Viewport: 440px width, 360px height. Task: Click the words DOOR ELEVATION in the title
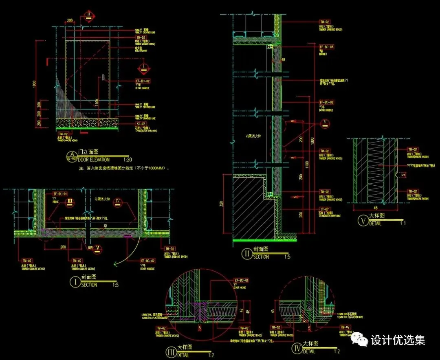[x=94, y=160]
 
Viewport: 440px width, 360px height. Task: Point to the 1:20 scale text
[x=128, y=160]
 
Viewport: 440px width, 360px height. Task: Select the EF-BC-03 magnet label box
[x=326, y=47]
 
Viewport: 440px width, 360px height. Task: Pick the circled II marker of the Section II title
[x=247, y=254]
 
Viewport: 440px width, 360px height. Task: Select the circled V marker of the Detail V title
[x=362, y=220]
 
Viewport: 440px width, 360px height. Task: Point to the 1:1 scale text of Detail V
[x=402, y=223]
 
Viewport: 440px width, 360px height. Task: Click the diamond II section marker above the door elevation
[x=88, y=16]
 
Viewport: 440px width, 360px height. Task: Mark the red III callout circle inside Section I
[x=70, y=201]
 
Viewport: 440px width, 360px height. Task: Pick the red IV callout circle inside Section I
[x=118, y=201]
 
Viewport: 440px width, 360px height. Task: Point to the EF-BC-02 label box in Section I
[x=147, y=260]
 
